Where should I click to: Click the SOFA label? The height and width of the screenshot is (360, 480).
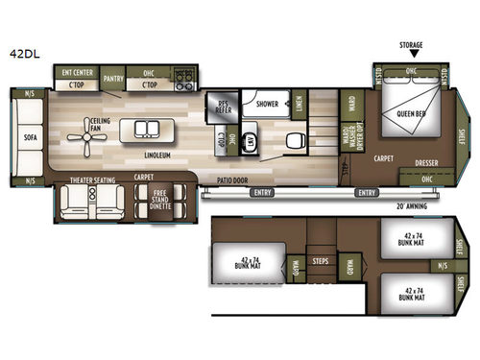tap(30, 137)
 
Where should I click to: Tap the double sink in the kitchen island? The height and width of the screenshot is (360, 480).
tap(147, 130)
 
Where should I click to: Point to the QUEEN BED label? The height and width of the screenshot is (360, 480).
tap(413, 114)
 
